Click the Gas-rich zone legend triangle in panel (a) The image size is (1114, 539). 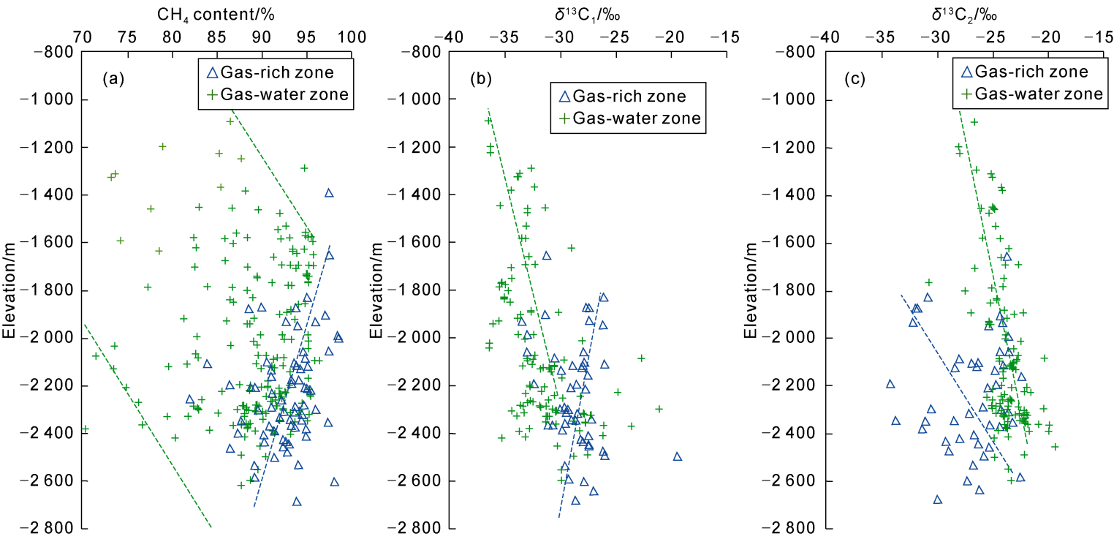coord(211,72)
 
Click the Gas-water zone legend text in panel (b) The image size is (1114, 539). coord(637,118)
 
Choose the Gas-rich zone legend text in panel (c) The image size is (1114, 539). coord(1031,72)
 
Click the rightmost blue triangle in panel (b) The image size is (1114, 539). coord(678,456)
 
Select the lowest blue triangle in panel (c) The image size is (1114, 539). coord(937,500)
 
